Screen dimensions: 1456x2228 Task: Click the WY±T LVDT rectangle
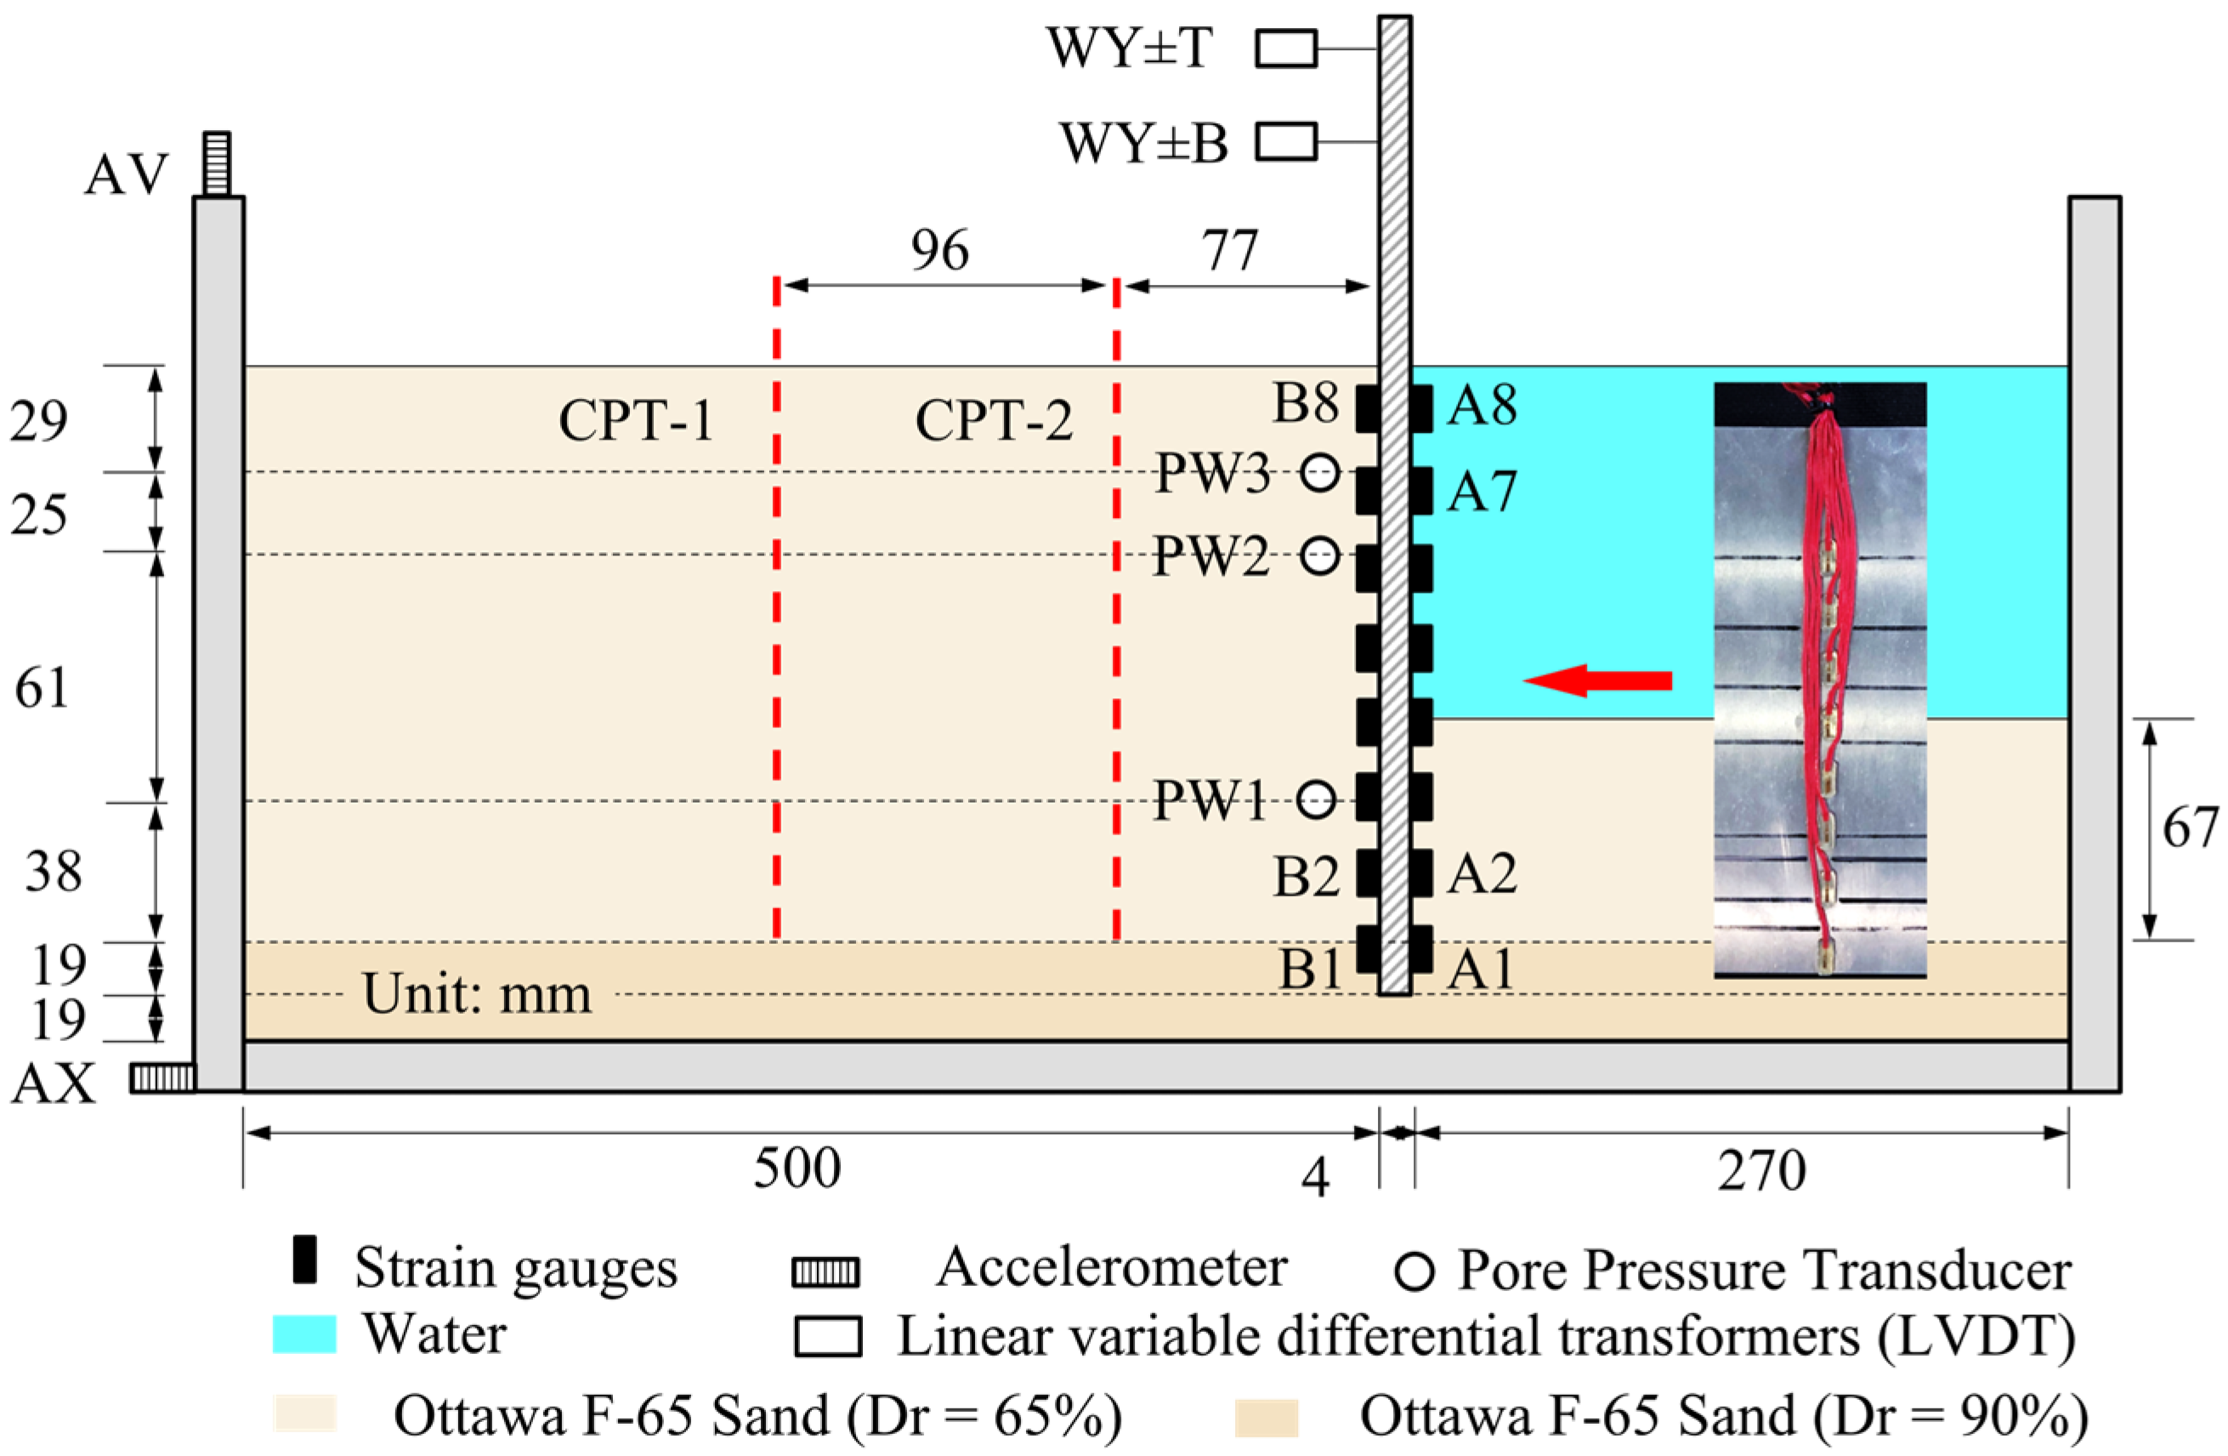click(1285, 48)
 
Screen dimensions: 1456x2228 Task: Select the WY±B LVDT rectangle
click(1285, 142)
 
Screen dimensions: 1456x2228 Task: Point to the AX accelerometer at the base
click(163, 1078)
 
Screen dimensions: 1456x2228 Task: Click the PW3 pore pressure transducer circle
click(1320, 473)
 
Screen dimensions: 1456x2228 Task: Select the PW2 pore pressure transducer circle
click(1320, 556)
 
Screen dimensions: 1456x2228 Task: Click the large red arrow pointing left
click(1598, 680)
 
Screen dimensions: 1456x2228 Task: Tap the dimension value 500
click(797, 1169)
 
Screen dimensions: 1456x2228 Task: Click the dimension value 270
click(1760, 1170)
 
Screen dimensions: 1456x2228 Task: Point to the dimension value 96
click(940, 250)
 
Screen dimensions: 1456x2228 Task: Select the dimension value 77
click(1230, 250)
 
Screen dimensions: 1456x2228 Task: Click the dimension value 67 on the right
click(2190, 828)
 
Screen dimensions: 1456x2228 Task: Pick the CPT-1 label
click(636, 420)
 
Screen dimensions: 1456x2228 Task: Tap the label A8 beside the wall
click(1482, 406)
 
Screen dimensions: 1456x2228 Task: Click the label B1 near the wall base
click(1311, 968)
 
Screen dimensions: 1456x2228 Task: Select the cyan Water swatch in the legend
click(304, 1334)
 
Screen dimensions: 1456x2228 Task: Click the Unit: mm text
click(477, 994)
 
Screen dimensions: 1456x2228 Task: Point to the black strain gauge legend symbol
click(304, 1260)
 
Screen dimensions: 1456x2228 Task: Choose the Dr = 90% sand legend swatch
click(1266, 1417)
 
